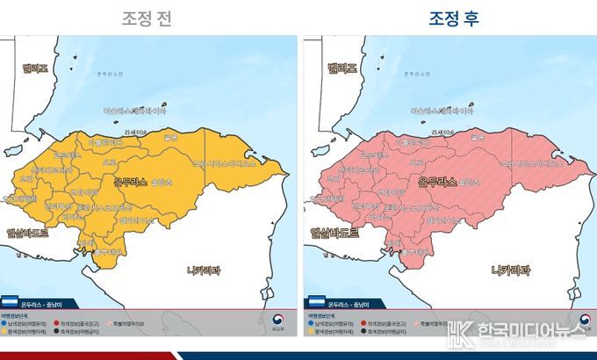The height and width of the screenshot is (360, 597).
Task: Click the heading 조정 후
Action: (x=453, y=17)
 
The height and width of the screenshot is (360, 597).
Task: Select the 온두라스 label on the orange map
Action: (x=132, y=182)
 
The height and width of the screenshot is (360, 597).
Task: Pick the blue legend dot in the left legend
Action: (x=6, y=324)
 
